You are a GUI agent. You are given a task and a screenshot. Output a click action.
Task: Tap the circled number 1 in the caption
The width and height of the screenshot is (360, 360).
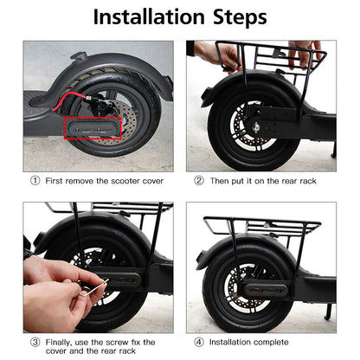tap(35, 182)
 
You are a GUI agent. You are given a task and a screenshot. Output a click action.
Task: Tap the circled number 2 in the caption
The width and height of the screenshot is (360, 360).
tap(199, 182)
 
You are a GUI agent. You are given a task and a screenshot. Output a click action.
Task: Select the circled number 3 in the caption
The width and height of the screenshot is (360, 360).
tap(35, 341)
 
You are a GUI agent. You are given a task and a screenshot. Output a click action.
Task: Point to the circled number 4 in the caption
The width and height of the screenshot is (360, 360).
tap(199, 341)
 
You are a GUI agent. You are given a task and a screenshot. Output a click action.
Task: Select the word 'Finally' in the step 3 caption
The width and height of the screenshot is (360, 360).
tap(60, 341)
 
